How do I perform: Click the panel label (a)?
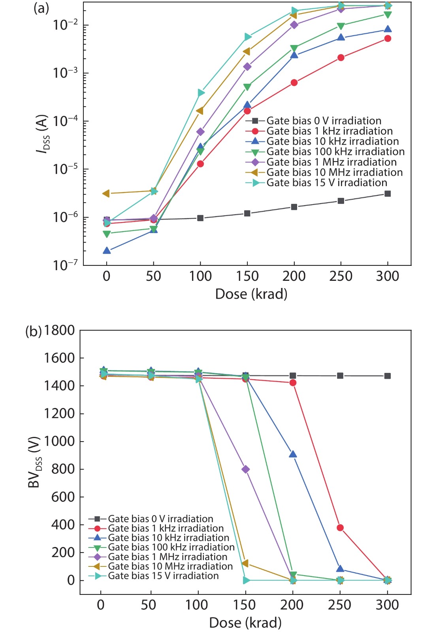(x=41, y=8)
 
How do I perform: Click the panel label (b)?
(x=33, y=331)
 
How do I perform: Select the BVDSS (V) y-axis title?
(x=35, y=462)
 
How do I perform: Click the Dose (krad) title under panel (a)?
(x=251, y=294)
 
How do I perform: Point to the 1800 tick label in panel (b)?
(x=59, y=330)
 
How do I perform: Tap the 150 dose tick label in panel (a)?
(x=247, y=276)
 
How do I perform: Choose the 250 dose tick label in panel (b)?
(x=340, y=605)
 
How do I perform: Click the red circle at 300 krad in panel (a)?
(x=388, y=38)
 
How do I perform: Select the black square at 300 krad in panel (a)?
(x=388, y=194)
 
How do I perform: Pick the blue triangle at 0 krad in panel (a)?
(x=107, y=250)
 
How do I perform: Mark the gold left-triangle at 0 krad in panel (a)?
(x=106, y=194)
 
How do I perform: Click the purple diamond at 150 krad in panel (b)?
(x=245, y=469)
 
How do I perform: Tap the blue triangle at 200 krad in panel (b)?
(x=293, y=454)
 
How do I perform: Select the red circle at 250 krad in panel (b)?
(x=340, y=528)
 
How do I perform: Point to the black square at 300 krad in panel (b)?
(x=388, y=376)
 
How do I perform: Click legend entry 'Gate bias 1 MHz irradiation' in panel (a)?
(x=331, y=162)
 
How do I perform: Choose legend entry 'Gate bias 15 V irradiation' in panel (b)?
(x=163, y=576)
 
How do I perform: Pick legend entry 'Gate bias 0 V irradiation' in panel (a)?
(x=324, y=120)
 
